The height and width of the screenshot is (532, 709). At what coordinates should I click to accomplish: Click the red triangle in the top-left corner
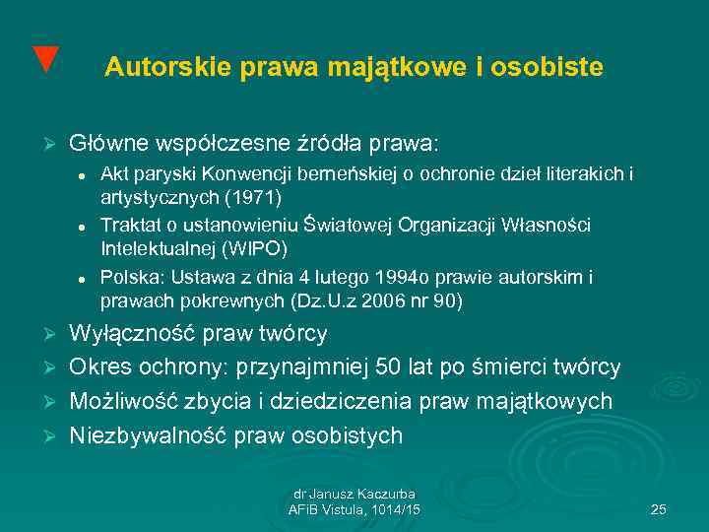[x=44, y=58]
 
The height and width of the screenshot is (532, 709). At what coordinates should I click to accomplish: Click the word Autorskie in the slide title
[x=153, y=67]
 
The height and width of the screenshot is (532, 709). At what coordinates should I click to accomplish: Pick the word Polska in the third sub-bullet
[x=126, y=277]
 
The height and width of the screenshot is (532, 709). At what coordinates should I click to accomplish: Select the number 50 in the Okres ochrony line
[x=396, y=367]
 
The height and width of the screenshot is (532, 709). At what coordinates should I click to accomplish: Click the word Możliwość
[x=123, y=401]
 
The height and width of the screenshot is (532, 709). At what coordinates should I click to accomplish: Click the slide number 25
[x=659, y=509]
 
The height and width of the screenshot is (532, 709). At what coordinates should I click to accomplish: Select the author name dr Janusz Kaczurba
[x=354, y=494]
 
